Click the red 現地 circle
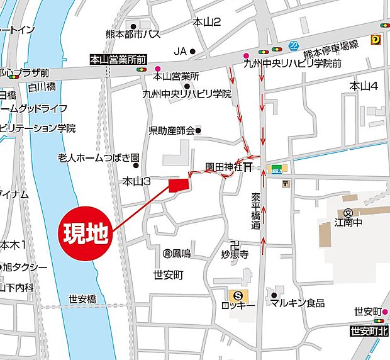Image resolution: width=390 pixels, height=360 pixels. (88, 234)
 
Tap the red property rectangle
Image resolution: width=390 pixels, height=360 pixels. (179, 184)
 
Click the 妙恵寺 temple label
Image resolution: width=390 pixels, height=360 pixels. (235, 255)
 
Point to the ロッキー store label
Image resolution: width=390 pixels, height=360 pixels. (238, 304)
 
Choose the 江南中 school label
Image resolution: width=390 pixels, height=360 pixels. (347, 223)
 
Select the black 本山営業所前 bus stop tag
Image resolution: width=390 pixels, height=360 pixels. (118, 59)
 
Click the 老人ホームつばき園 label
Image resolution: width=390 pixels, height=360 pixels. (98, 157)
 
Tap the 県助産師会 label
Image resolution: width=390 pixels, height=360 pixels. (172, 131)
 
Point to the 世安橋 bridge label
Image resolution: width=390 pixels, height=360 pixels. (82, 299)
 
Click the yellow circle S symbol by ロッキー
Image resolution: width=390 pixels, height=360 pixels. (237, 294)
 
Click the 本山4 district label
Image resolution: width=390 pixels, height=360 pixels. (364, 86)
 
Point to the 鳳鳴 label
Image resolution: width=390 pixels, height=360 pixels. (181, 254)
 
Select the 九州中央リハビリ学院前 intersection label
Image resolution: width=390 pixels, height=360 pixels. (293, 64)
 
